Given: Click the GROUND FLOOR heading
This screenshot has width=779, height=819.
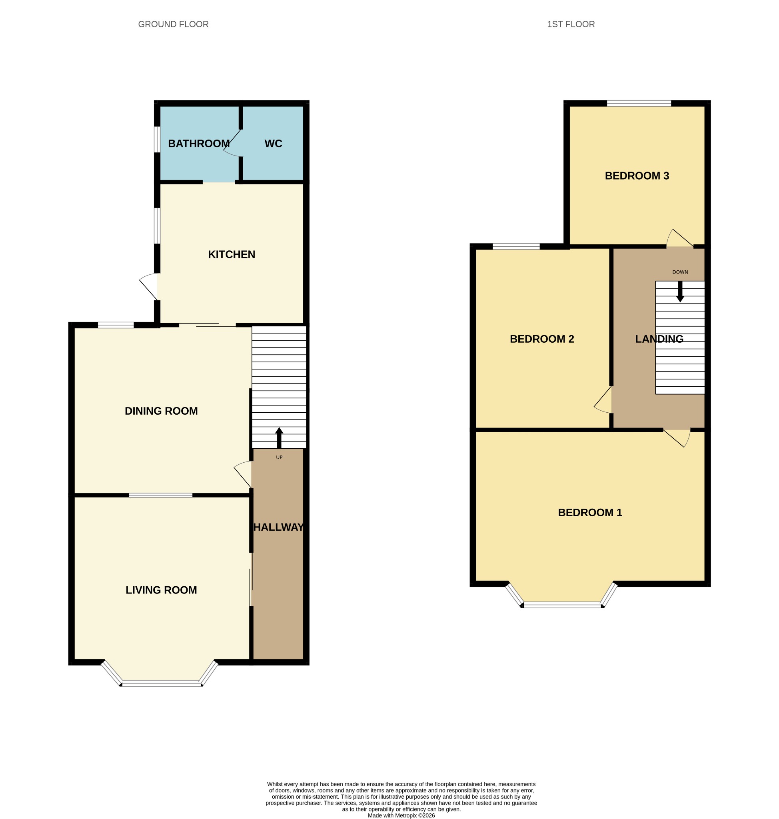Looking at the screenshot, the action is [x=173, y=24].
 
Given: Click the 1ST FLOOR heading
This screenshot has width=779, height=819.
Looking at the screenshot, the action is [x=571, y=24].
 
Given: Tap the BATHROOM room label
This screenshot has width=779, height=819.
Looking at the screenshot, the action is [x=198, y=144].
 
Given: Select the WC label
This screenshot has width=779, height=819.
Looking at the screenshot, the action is [x=273, y=144].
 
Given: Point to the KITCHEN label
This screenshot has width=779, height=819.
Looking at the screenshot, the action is [x=231, y=254].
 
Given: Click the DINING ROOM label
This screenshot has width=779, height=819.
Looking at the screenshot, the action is [x=161, y=411].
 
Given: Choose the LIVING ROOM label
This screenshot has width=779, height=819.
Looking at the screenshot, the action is [x=161, y=590].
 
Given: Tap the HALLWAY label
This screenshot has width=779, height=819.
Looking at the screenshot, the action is [x=279, y=527].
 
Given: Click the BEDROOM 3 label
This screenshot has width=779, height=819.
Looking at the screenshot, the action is [x=637, y=176].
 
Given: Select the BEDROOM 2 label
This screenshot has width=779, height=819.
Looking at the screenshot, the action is [x=541, y=339].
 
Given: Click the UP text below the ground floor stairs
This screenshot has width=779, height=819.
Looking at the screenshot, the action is [x=279, y=457].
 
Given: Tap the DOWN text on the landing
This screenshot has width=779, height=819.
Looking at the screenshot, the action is [x=680, y=272].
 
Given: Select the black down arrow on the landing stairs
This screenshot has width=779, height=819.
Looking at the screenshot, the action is [x=680, y=292].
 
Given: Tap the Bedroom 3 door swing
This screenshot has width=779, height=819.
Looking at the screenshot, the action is [x=679, y=238].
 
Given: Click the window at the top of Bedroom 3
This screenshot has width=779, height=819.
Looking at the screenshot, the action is [x=639, y=104].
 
